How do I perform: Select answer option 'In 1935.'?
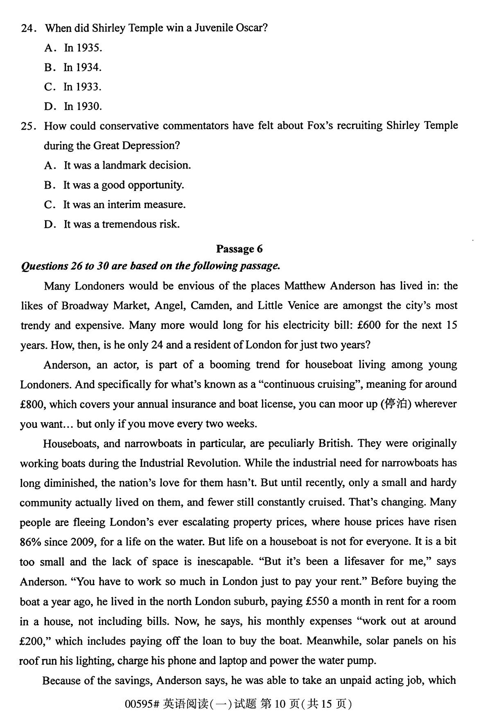tap(83, 48)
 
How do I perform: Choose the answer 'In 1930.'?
tap(82, 106)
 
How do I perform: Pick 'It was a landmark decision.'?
tap(127, 165)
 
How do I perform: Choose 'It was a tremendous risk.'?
tap(121, 224)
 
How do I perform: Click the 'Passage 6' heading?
tap(239, 249)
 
